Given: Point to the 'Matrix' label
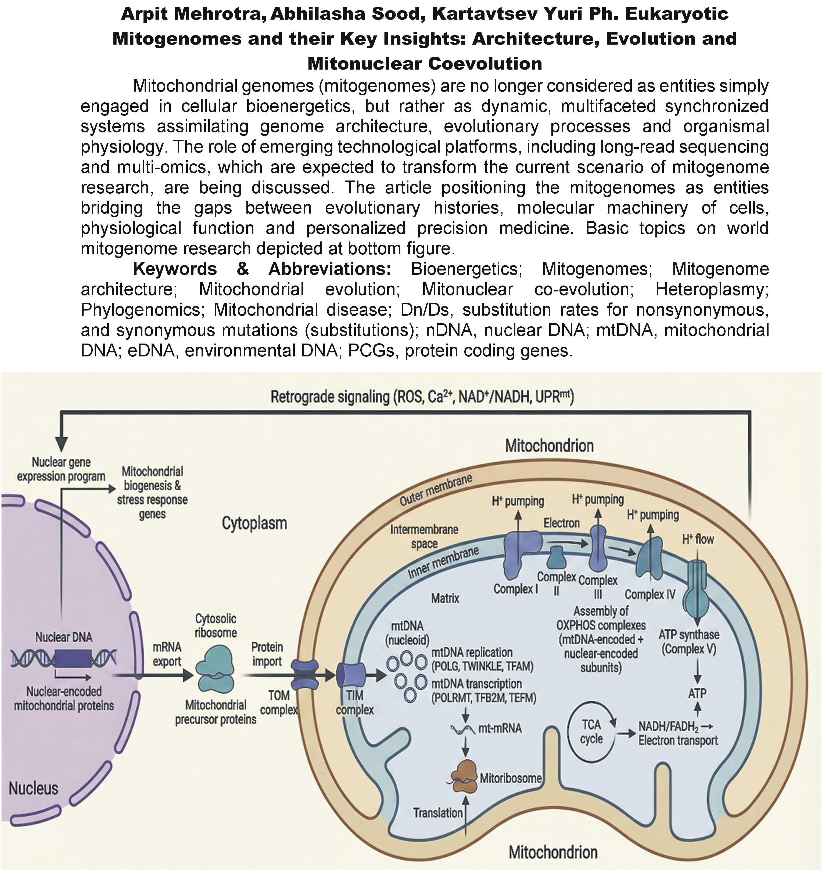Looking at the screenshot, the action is (445, 598).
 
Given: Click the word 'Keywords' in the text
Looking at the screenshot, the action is (175, 269).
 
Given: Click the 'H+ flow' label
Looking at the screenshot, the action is (698, 539).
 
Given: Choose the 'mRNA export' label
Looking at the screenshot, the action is (167, 655).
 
